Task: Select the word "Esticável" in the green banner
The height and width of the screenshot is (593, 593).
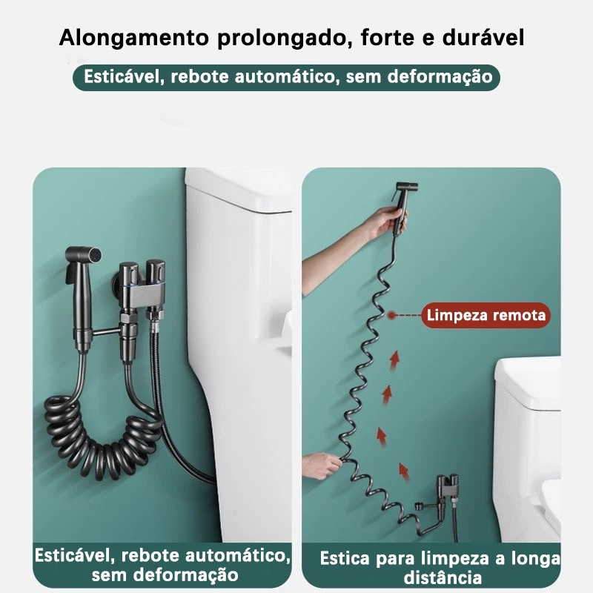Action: point(125,77)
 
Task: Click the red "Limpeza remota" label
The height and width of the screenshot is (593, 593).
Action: point(486,315)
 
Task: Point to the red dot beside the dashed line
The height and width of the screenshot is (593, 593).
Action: point(391,314)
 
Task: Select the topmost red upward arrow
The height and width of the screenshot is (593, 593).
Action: point(394,360)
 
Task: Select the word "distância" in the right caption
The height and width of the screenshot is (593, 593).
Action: point(443,578)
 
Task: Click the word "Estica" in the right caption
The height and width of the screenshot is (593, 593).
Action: point(345,558)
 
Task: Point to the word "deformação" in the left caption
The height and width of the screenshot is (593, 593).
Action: point(185,575)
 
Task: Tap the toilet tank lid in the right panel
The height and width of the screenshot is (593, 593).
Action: point(528,381)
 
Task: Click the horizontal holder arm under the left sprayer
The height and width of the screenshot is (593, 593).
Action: point(105,332)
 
